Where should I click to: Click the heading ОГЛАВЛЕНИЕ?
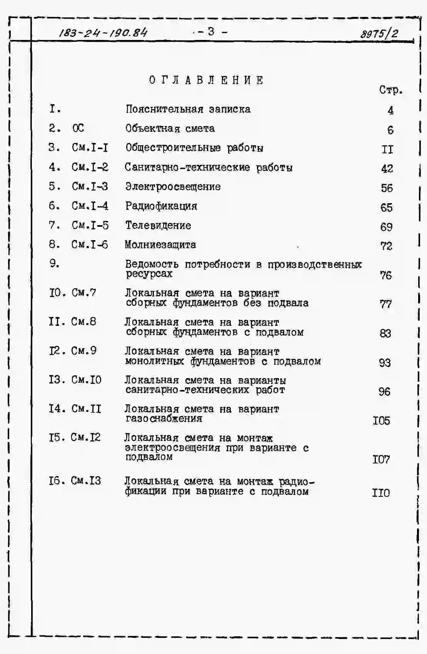(207, 80)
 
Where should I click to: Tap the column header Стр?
(390, 90)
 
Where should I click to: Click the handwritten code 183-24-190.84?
(103, 33)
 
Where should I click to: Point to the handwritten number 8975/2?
(379, 33)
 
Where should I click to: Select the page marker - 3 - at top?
(211, 32)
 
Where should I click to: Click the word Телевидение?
(158, 226)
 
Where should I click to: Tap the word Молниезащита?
(160, 245)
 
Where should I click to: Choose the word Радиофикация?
(161, 206)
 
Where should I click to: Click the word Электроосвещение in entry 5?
(173, 187)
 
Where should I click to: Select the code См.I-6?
(90, 245)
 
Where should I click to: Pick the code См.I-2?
(90, 167)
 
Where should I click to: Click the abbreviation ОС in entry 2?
(78, 128)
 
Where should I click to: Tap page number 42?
(387, 169)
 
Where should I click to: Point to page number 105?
(381, 421)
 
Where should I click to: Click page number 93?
(385, 363)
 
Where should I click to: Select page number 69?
(386, 227)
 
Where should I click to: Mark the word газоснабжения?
(164, 418)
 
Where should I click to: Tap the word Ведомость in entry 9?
(152, 264)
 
